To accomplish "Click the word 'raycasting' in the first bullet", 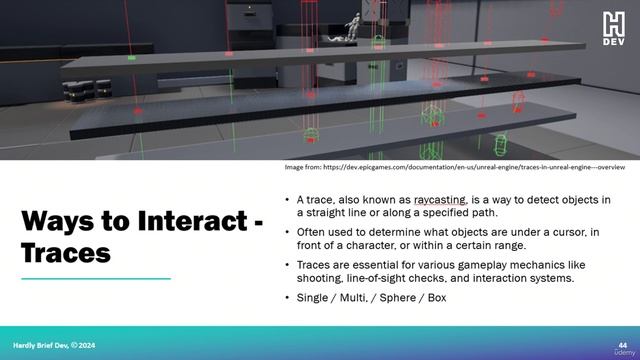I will point(440,200).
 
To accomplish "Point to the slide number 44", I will point(623,342).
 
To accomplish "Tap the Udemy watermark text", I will point(620,352).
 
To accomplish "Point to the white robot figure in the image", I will point(354,25).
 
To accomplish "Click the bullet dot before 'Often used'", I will point(288,232).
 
